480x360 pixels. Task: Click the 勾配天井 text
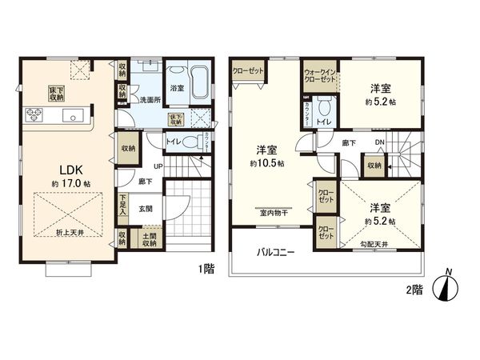[374, 244]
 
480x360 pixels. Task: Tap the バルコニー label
[275, 251]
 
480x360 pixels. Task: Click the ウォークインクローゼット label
[319, 78]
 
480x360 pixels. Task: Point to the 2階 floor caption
[413, 291]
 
